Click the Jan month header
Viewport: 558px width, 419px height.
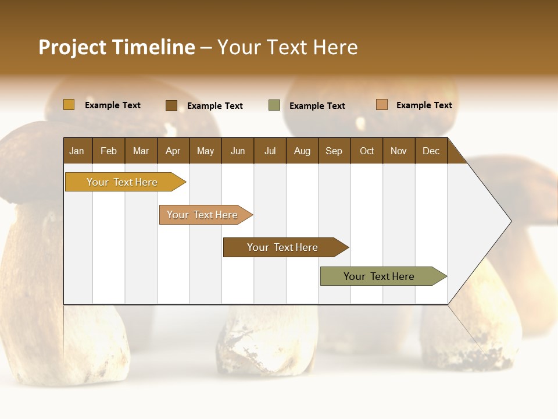coord(77,151)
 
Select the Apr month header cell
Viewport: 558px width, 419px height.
coord(173,151)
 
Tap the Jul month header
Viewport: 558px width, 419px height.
coord(270,151)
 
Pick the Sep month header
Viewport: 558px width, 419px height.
coord(334,151)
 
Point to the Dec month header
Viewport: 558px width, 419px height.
coord(431,151)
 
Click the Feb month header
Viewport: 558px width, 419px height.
coord(109,151)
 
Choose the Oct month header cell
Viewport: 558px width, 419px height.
coord(367,151)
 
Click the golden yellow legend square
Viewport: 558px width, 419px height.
coord(69,105)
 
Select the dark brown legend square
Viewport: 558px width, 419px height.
coord(171,105)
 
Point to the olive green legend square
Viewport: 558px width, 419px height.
coord(274,105)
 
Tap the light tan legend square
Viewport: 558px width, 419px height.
coord(382,105)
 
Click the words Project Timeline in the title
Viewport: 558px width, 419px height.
coord(117,47)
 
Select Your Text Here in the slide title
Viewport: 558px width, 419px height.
coord(287,47)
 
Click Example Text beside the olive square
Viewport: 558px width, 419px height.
coord(317,106)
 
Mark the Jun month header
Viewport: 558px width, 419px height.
coord(238,151)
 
